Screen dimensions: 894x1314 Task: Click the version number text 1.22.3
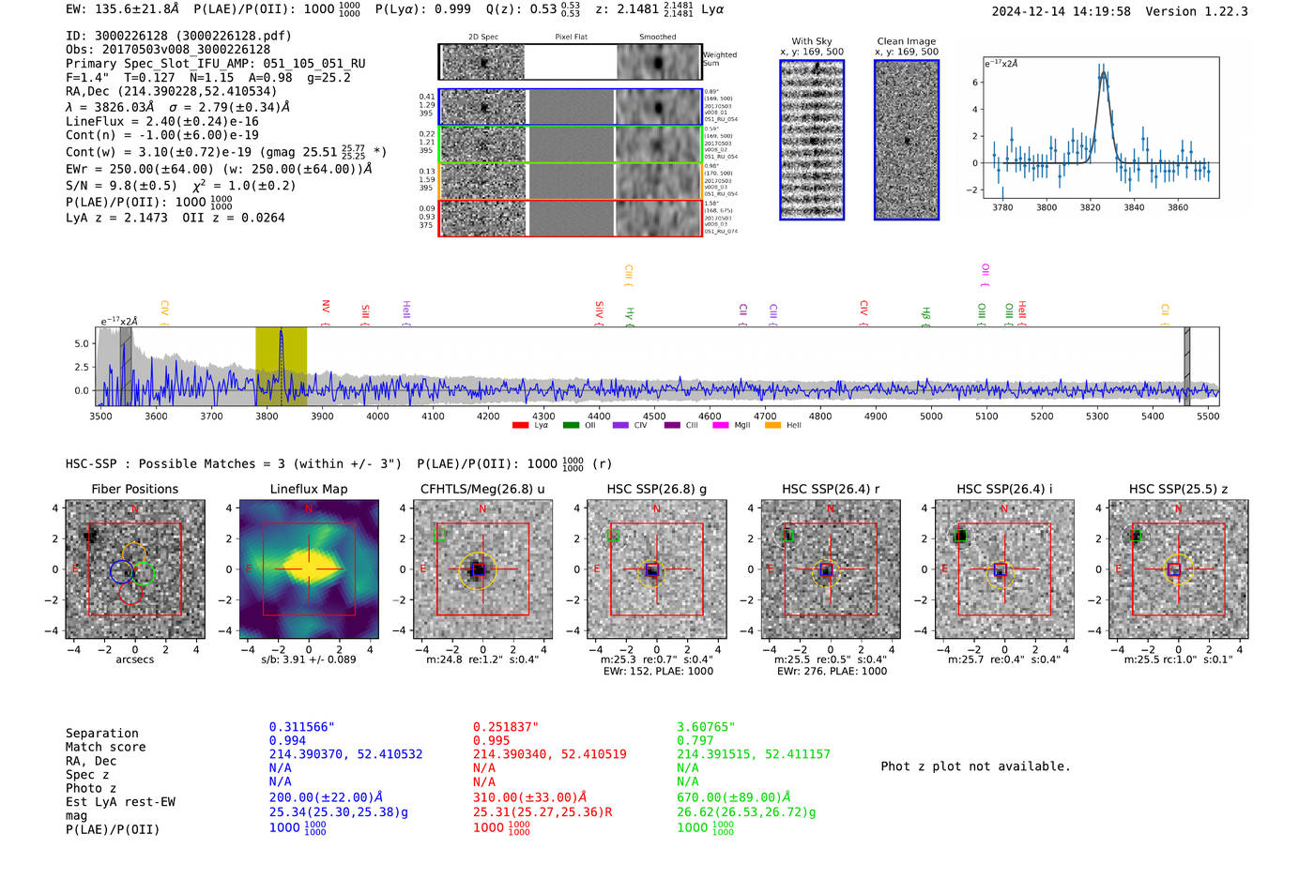coord(1224,11)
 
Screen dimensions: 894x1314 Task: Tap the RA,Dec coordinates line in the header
coord(172,91)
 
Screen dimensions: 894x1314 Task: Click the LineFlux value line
coord(162,121)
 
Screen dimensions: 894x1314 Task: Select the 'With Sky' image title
coord(811,41)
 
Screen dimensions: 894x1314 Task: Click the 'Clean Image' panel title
coord(906,41)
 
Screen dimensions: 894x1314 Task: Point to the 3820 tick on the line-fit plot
coord(1090,207)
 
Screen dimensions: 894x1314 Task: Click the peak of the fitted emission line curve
coord(1102,74)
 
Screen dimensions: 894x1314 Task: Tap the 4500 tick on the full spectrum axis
coord(654,416)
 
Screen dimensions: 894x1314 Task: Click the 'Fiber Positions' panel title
coord(134,489)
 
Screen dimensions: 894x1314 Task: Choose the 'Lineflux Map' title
coord(308,489)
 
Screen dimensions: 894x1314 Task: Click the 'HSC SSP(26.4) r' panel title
coord(831,489)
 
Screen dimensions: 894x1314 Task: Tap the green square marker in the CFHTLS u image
coord(439,535)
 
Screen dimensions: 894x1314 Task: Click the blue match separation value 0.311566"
coord(301,727)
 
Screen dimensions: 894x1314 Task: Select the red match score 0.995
coord(492,740)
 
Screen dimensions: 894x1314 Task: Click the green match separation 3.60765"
coord(706,727)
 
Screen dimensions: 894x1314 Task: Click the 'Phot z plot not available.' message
coord(975,766)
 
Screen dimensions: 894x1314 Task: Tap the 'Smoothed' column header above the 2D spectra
coord(657,38)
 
